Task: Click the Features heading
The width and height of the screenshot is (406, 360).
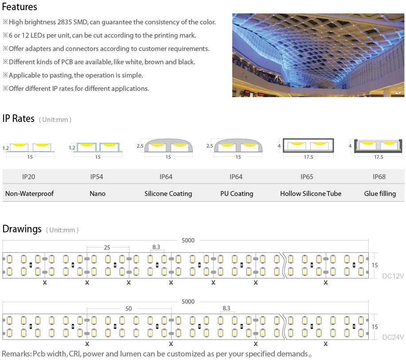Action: (x=20, y=7)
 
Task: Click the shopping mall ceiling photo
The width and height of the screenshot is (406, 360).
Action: (x=318, y=55)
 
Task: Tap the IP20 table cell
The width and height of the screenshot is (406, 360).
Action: (x=28, y=176)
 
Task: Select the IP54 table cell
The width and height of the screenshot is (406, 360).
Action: (x=97, y=176)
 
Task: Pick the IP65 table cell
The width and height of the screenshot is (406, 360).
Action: (x=307, y=176)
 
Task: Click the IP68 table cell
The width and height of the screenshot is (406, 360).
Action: (x=379, y=176)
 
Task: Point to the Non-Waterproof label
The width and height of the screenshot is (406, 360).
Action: (x=30, y=193)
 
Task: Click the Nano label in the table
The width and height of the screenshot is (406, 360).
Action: (x=98, y=193)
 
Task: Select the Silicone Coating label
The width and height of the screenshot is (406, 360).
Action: (x=168, y=194)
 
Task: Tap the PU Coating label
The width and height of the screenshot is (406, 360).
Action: (x=237, y=194)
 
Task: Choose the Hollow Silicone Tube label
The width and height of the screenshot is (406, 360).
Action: (x=311, y=193)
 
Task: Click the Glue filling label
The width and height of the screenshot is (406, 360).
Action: (x=380, y=194)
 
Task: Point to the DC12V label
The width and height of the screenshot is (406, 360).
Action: (x=393, y=276)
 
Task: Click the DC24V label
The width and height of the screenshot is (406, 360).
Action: (x=393, y=337)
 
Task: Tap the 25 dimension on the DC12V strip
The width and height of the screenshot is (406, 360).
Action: (x=107, y=247)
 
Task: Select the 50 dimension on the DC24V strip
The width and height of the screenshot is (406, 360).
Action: (x=129, y=309)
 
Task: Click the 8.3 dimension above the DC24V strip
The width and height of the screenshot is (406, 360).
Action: (x=226, y=308)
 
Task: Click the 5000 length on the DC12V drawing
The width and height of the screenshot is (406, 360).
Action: (x=188, y=240)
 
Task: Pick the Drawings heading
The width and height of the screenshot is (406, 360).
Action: (x=22, y=229)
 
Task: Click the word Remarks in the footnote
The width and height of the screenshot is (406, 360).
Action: (x=16, y=354)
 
